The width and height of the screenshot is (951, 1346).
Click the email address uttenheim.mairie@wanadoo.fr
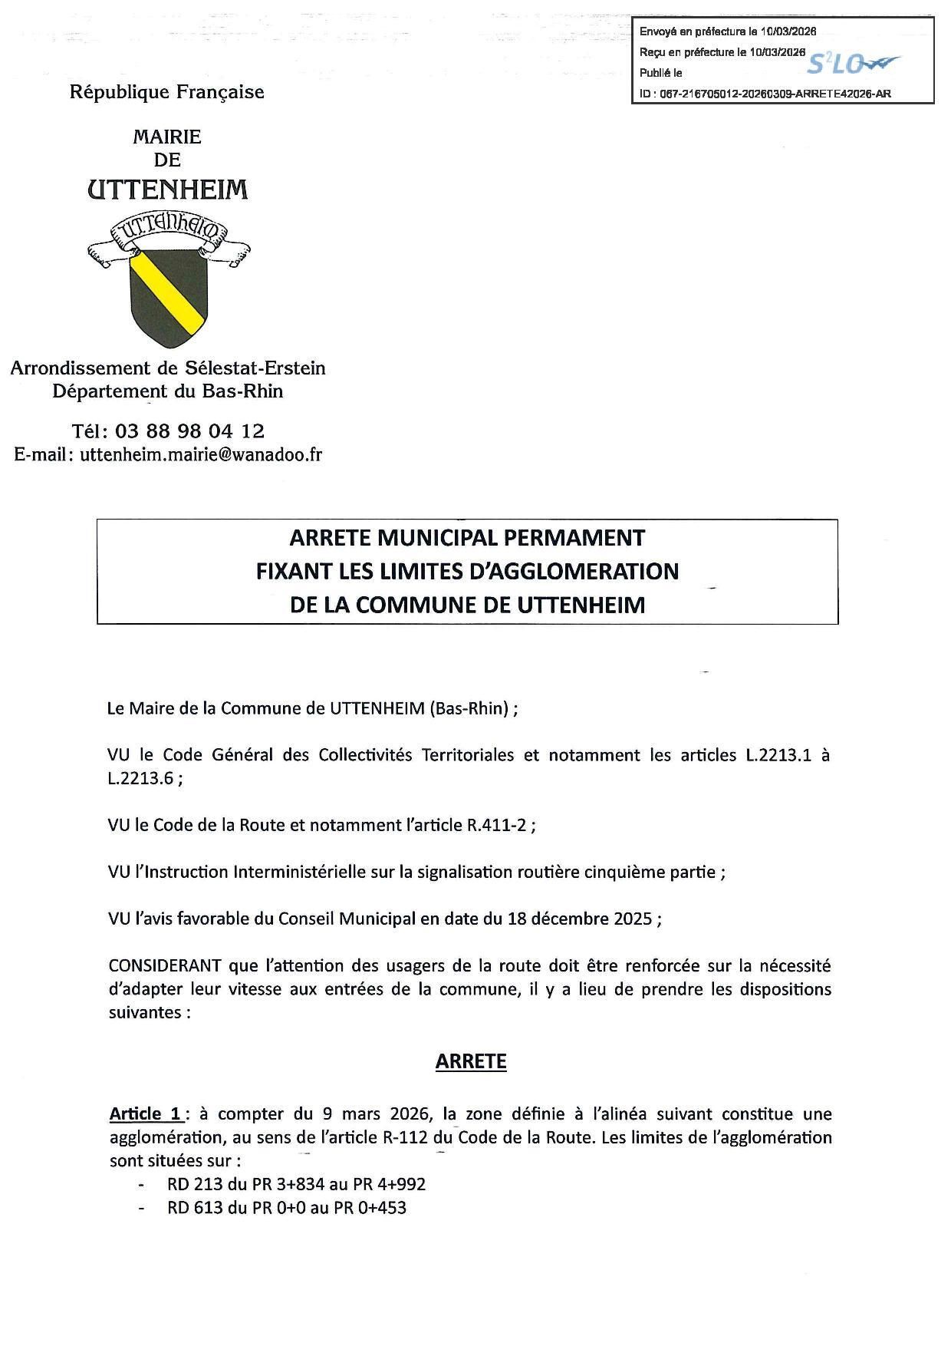[x=201, y=454]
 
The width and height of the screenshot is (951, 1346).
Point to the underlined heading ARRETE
[x=471, y=1061]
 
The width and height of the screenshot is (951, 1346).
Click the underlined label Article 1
[x=145, y=1113]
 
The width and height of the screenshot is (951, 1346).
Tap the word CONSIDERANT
[x=165, y=965]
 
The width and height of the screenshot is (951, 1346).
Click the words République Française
[x=166, y=92]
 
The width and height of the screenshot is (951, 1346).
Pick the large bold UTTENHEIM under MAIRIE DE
[x=168, y=189]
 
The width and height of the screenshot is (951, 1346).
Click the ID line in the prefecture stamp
[x=765, y=94]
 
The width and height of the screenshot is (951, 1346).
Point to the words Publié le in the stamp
[x=661, y=73]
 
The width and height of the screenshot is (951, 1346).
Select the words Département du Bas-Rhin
[x=168, y=391]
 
